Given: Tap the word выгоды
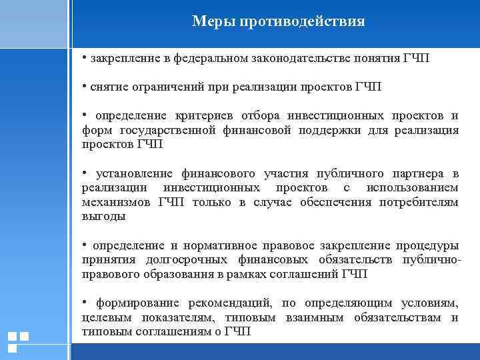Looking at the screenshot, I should pos(103,216).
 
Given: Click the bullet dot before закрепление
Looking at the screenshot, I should pos(84,57).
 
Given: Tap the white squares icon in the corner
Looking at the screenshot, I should pos(17,341).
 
